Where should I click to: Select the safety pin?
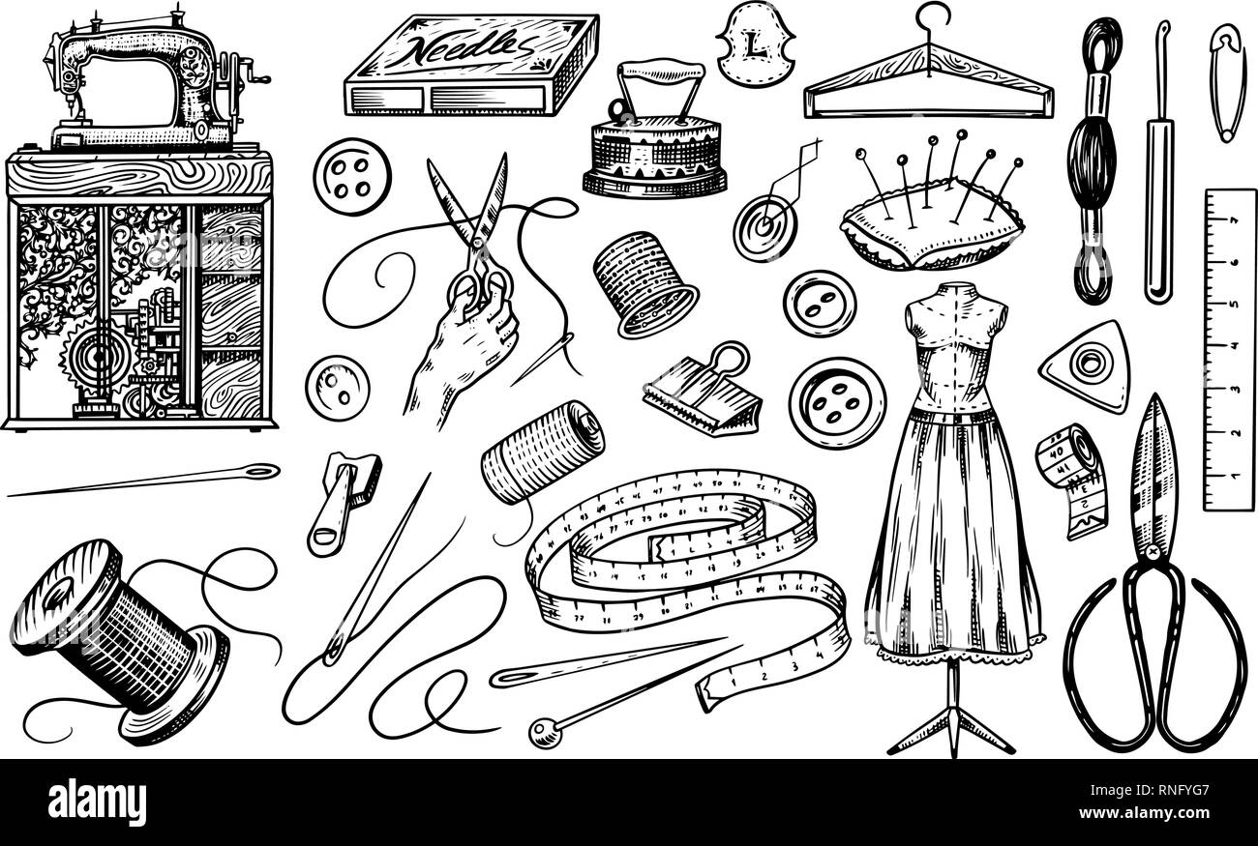pyautogui.click(x=1227, y=81)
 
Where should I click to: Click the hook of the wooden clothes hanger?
pyautogui.click(x=934, y=18)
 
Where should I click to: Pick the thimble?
pyautogui.click(x=644, y=281)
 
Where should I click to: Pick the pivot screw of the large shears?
pyautogui.click(x=1153, y=552)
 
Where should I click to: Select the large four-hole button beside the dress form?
pyautogui.click(x=836, y=402)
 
